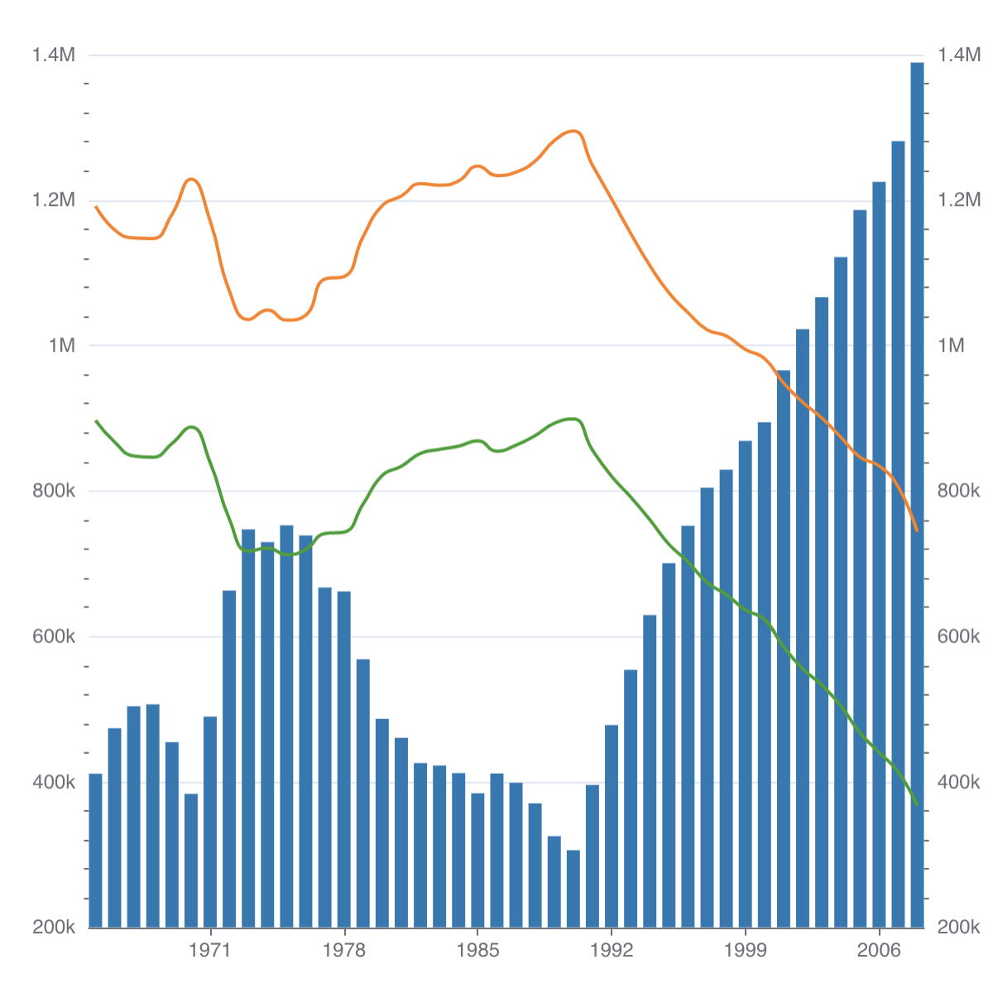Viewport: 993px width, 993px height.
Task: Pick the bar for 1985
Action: coord(477,860)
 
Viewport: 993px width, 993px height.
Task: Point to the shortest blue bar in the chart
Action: coord(573,889)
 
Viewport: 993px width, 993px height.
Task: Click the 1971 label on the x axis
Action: coord(209,950)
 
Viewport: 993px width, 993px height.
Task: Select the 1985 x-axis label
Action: coord(477,950)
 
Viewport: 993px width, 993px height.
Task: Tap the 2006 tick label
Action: coord(879,950)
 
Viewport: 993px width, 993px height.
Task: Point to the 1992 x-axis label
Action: coord(612,950)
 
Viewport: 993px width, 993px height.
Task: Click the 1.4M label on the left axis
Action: coord(54,55)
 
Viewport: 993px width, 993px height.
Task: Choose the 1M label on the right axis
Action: coord(952,346)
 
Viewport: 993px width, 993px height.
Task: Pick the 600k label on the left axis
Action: coord(54,637)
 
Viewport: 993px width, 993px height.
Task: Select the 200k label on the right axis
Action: coord(958,928)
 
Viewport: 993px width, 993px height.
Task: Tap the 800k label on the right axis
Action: coord(958,492)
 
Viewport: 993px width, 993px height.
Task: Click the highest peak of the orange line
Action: coord(573,131)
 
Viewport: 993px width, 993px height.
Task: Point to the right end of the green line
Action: coord(917,804)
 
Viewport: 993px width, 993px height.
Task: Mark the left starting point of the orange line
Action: coord(96,207)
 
